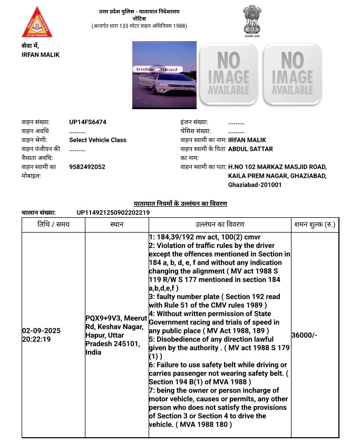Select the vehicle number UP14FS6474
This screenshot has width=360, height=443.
tap(87, 122)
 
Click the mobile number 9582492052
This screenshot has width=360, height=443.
tap(87, 167)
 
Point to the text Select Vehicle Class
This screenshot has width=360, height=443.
tap(98, 140)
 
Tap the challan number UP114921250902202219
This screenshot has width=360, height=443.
tap(113, 213)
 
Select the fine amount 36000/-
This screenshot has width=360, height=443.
tap(304, 335)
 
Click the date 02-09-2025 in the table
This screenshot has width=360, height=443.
tap(42, 331)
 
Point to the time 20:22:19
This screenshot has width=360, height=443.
tap(36, 340)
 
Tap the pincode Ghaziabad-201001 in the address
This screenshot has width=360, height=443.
tap(255, 185)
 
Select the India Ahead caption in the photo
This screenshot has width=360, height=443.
tap(156, 69)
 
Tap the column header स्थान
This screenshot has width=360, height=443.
tap(116, 224)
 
